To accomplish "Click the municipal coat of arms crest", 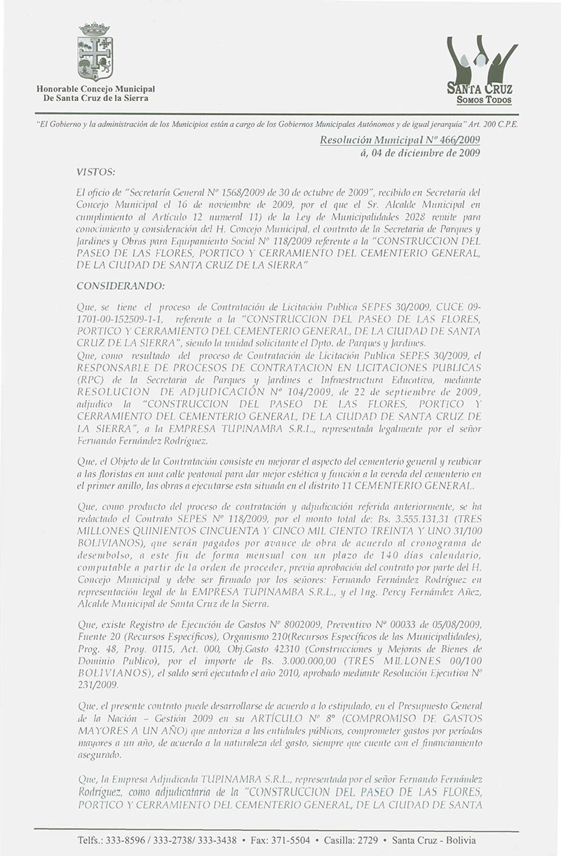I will (x=95, y=52).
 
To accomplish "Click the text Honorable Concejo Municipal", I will (x=96, y=88).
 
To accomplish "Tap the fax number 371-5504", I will (x=296, y=839).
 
